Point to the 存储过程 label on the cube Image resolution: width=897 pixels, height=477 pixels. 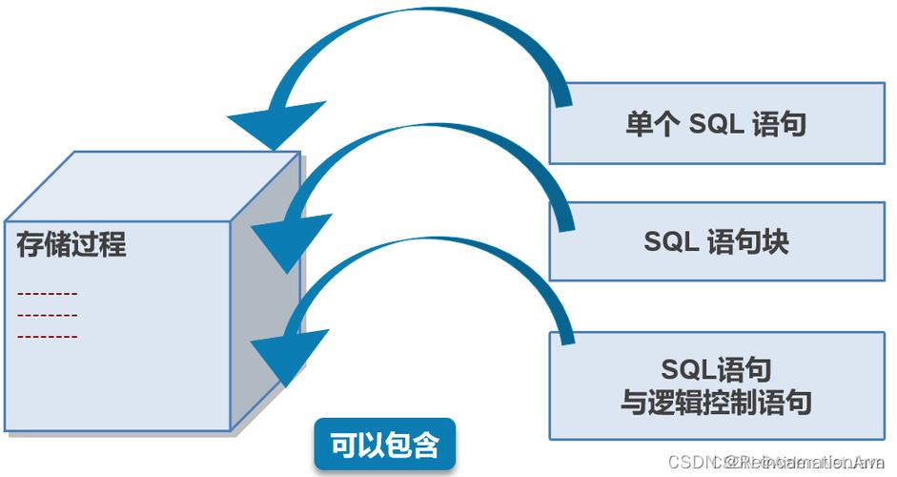(x=71, y=244)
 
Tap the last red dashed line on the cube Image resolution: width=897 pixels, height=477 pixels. (x=48, y=337)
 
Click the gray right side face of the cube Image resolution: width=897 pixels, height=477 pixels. (x=265, y=296)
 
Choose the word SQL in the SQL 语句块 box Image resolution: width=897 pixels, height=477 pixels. (x=672, y=241)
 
